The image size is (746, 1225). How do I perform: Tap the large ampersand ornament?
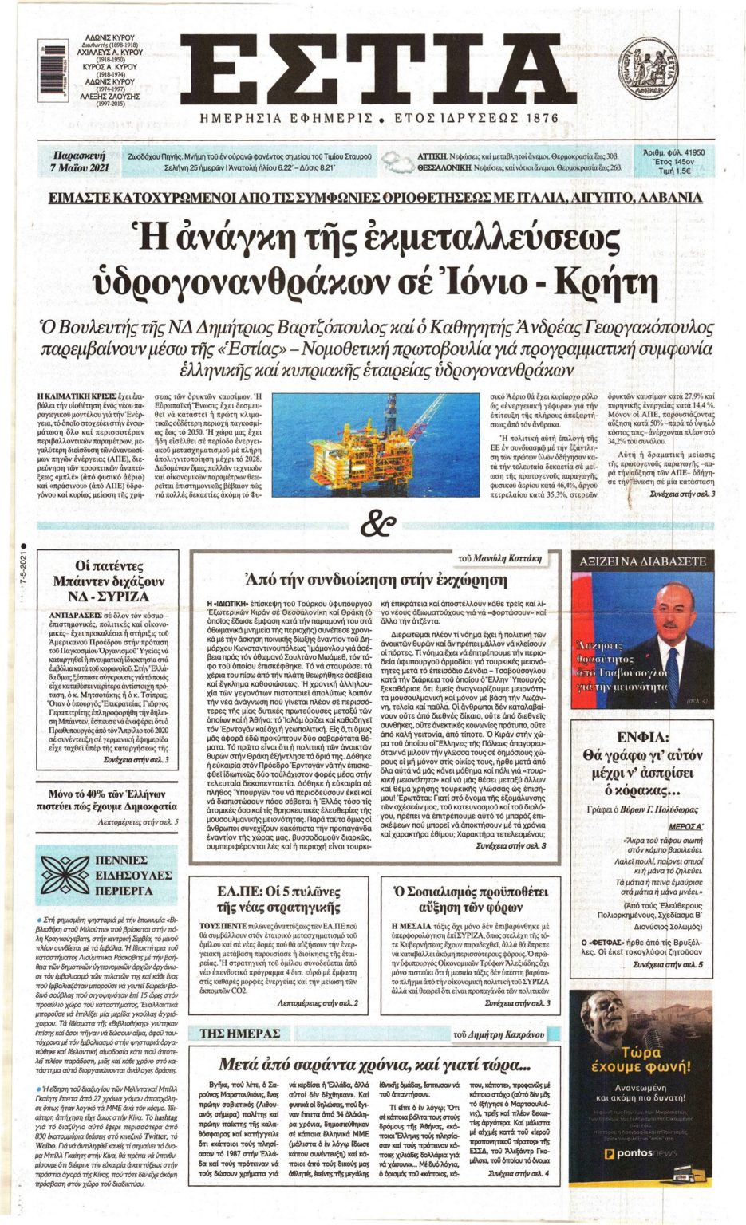(x=377, y=524)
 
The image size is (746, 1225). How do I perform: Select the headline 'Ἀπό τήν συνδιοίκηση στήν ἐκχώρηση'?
(x=375, y=579)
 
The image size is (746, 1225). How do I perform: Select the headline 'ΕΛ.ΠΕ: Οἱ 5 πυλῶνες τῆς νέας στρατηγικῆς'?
(x=279, y=899)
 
